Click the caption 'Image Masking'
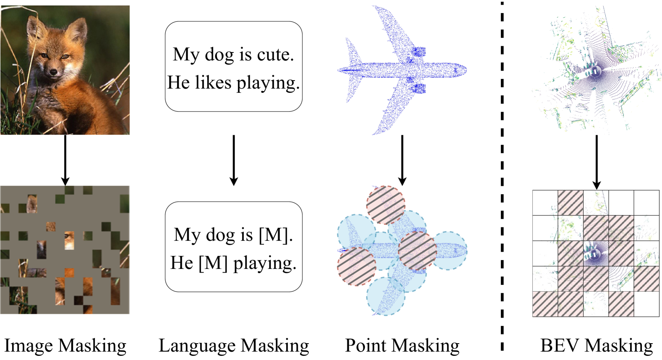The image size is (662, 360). pyautogui.click(x=65, y=346)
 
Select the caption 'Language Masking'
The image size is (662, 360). pyautogui.click(x=234, y=346)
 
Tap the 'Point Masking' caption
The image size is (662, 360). pyautogui.click(x=402, y=346)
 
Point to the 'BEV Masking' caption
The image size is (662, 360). pyautogui.click(x=596, y=346)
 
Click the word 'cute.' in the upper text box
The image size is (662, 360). pyautogui.click(x=275, y=55)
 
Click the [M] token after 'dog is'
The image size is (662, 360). pyautogui.click(x=275, y=235)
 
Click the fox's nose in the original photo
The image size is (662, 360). pyautogui.click(x=53, y=73)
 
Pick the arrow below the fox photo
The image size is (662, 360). pyautogui.click(x=65, y=160)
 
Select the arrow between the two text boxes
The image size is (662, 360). pyautogui.click(x=234, y=160)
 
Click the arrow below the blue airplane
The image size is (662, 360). pyautogui.click(x=402, y=160)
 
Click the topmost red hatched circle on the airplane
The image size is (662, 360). pyautogui.click(x=386, y=205)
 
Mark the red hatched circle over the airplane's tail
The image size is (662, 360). pyautogui.click(x=357, y=266)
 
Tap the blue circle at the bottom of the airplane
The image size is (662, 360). pyautogui.click(x=386, y=296)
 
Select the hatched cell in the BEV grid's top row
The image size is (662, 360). pyautogui.click(x=571, y=203)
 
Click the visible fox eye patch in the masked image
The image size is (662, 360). pyautogui.click(x=69, y=240)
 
